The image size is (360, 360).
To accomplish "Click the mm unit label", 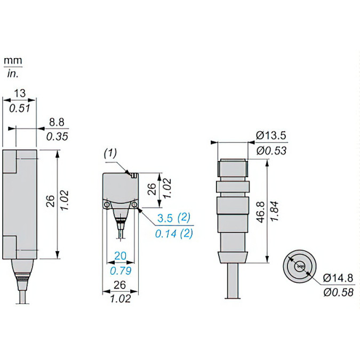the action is pos(13,61).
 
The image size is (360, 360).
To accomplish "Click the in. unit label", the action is pos(13,74).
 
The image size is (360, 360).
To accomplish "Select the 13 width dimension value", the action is pos(20,93).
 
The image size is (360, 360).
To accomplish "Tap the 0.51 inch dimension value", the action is pos(20,108).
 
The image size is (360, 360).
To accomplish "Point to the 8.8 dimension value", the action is pos(57,122).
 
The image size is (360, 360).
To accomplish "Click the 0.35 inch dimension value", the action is pos(57,137).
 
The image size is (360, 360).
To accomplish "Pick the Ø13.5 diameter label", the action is pos(271,135).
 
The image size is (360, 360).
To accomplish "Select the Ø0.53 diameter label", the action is pos(271,150).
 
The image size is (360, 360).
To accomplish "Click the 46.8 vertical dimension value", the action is pos(261,212).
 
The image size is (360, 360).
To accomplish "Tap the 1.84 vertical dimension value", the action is pos(274,211).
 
